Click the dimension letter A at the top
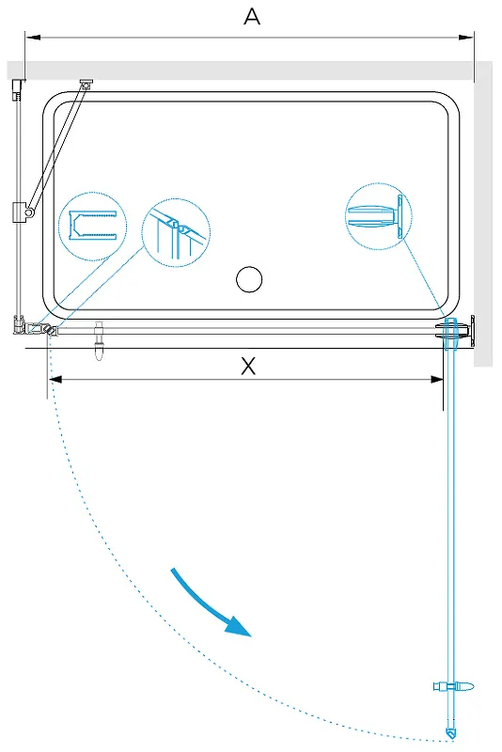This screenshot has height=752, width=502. pyautogui.click(x=252, y=17)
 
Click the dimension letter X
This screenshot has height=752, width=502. pyautogui.click(x=248, y=366)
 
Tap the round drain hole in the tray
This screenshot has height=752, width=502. pyautogui.click(x=249, y=279)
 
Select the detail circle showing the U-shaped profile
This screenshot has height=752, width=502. pyautogui.click(x=92, y=227)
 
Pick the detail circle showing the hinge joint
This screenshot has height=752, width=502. pyautogui.click(x=176, y=232)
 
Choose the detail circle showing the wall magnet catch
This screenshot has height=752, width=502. pyautogui.click(x=379, y=216)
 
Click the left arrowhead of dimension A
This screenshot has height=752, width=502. pyautogui.click(x=33, y=37)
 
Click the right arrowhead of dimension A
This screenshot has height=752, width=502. pyautogui.click(x=466, y=37)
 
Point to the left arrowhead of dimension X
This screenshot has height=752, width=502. pyautogui.click(x=55, y=380)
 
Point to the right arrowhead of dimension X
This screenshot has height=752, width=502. pyautogui.click(x=436, y=380)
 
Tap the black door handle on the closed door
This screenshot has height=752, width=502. pyautogui.click(x=99, y=340)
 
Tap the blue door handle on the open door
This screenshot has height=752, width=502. pyautogui.click(x=453, y=686)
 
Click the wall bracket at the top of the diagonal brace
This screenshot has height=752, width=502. pyautogui.click(x=86, y=84)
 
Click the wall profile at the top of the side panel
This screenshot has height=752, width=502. pyautogui.click(x=18, y=89)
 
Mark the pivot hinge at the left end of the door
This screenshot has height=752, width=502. pyautogui.click(x=51, y=330)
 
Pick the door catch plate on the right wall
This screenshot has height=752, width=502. pyautogui.click(x=473, y=331)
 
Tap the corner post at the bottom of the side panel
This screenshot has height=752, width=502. pyautogui.click(x=18, y=324)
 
